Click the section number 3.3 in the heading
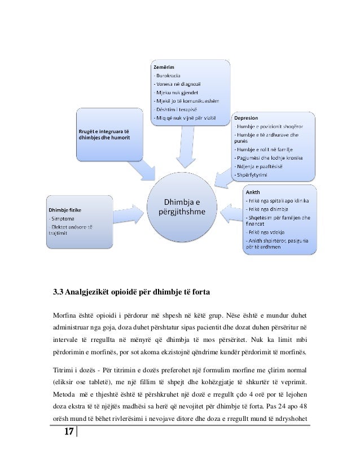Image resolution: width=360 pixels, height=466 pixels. [57, 292]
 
